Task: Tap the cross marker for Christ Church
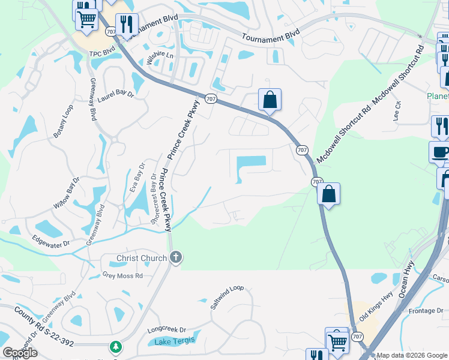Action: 176,258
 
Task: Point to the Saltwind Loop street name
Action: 228,296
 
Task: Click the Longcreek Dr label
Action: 166,330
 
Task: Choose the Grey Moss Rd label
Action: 122,276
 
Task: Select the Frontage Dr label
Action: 426,310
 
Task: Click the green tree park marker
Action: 115,347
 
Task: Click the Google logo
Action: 20,353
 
